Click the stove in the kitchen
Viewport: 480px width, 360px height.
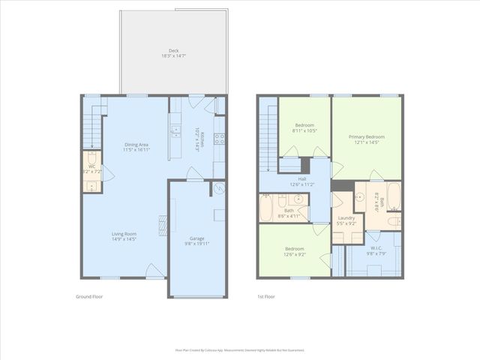click(220, 139)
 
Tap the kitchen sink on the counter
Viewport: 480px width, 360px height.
click(175, 132)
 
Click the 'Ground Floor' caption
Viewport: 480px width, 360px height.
click(89, 297)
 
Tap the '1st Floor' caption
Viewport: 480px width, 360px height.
click(266, 297)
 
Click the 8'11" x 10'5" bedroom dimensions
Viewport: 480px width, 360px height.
click(304, 130)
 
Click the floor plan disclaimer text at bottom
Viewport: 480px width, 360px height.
click(240, 349)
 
